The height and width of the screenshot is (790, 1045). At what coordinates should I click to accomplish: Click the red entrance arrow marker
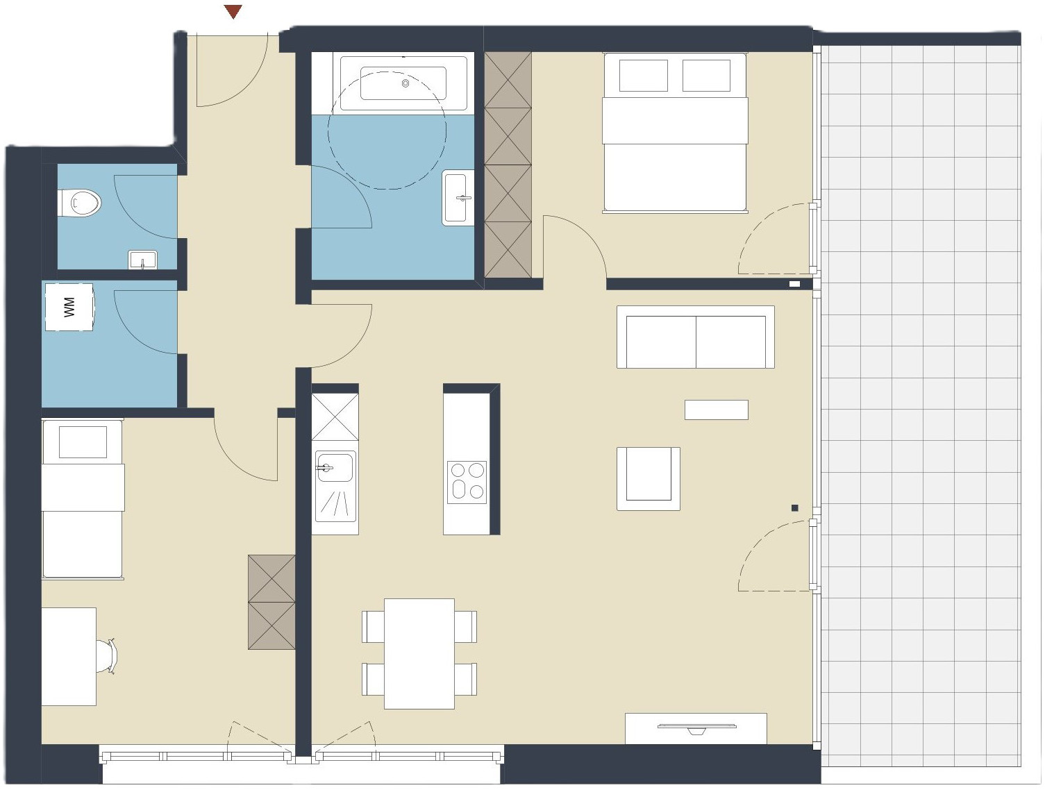tap(233, 11)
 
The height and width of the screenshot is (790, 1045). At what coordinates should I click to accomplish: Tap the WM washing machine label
tap(69, 307)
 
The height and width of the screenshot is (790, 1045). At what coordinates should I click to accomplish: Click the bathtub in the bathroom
tap(403, 83)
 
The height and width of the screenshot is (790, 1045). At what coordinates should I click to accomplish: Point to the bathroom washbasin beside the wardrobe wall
tap(458, 197)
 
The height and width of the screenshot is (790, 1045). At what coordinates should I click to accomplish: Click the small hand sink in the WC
tap(142, 260)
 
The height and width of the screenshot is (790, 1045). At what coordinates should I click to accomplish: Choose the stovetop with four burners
tap(467, 482)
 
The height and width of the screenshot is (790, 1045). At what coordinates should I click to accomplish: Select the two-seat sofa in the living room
tap(696, 337)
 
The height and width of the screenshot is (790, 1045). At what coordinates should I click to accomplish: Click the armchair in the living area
tap(649, 478)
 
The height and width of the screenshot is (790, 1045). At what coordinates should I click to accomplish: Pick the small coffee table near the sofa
tap(716, 410)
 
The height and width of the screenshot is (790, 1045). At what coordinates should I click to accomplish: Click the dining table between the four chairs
tap(419, 654)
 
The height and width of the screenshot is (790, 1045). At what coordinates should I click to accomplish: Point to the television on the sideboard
tap(696, 728)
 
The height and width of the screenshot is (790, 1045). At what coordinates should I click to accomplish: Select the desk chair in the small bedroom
tap(107, 656)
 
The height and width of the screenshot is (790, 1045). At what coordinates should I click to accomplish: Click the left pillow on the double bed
tap(643, 75)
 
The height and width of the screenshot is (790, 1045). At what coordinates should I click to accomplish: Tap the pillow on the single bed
tap(83, 442)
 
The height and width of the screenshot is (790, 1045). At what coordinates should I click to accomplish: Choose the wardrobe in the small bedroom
tap(271, 602)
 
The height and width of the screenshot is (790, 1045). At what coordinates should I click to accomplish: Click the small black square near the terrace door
tap(794, 507)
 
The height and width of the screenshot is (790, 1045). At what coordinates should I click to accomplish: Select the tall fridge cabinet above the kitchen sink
tap(335, 417)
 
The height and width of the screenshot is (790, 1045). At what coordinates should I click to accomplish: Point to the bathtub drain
tap(406, 83)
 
